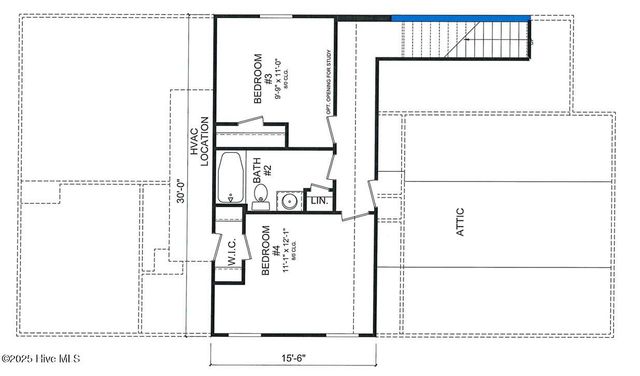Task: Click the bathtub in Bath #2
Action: pyautogui.click(x=231, y=176)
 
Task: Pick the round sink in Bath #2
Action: pyautogui.click(x=289, y=200)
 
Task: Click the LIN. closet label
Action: pyautogui.click(x=320, y=201)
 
